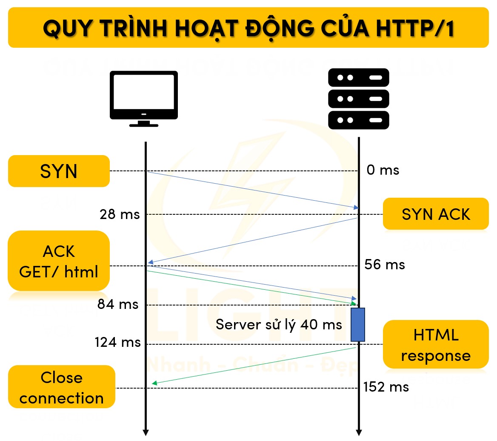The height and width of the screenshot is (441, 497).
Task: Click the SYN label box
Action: coord(59,171)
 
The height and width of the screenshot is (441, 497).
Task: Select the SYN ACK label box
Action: coord(436,214)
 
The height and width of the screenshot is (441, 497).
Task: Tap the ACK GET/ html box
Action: coord(59,261)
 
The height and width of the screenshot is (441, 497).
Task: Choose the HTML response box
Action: coord(436,345)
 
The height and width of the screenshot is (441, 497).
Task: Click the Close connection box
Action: coord(62,387)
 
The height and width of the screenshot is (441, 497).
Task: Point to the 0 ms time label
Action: coord(383,170)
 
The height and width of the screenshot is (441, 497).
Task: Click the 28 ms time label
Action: coord(120,214)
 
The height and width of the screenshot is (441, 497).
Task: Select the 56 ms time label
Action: coord(385,265)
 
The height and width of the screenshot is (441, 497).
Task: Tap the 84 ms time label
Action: coord(118,305)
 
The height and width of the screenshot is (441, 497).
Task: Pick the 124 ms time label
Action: coord(117,342)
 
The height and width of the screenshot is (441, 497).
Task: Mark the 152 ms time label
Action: coord(386,387)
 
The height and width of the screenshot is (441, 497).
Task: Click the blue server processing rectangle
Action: coord(358,324)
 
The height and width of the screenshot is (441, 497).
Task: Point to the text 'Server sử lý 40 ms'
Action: coord(279,325)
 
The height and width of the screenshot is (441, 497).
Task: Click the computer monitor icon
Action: coord(144,98)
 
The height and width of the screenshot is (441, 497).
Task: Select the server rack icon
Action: coord(359,98)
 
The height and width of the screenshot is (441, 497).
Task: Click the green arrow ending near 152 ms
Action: coord(254,366)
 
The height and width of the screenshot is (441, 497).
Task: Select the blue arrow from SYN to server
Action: coord(253,190)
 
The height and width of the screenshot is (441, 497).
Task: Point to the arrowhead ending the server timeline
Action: coord(359,432)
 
